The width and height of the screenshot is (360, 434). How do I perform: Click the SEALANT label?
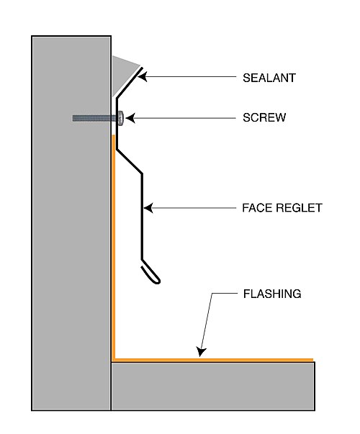269,78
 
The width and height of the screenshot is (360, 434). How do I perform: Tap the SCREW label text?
264,117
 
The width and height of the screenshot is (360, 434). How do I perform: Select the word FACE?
258,208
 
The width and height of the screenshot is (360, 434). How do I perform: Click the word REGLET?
299,208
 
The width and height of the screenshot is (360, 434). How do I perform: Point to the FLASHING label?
272,294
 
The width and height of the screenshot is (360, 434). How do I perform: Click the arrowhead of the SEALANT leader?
142,76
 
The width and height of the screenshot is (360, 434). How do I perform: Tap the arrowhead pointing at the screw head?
130,118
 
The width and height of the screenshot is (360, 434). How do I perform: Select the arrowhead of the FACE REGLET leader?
148,208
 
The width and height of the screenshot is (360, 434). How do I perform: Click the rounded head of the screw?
120,118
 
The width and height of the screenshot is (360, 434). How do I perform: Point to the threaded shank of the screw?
94,118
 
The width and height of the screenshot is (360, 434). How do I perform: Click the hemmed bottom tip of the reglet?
151,274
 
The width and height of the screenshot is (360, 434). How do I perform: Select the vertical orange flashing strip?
114,246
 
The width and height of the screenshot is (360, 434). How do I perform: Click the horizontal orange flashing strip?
212,360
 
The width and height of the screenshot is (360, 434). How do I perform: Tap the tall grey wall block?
71,223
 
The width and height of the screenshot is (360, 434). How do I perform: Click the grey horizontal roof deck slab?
212,386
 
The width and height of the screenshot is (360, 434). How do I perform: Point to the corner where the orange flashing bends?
114,360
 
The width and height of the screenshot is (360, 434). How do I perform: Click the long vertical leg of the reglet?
143,217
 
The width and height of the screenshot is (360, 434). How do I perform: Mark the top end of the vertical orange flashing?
114,135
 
